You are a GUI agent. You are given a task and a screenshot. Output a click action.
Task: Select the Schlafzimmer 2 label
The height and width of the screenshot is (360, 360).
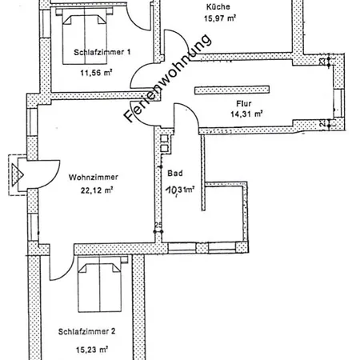[88, 331]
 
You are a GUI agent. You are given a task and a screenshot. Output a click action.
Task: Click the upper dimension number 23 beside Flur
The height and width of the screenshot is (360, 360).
[321, 62]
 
